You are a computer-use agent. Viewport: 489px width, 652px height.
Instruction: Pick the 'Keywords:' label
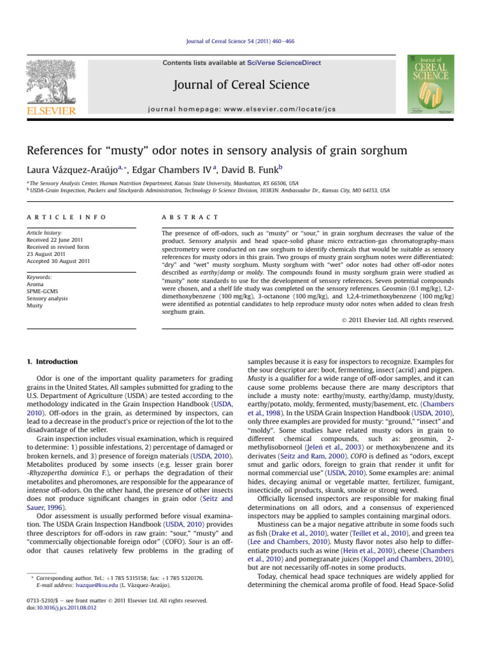click(39, 277)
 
